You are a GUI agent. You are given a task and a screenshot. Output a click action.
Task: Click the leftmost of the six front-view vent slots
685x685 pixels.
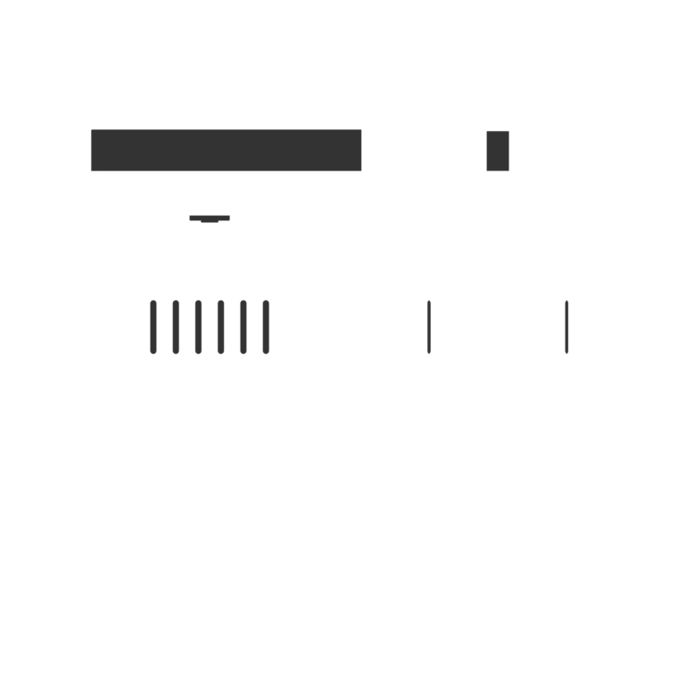[x=153, y=327]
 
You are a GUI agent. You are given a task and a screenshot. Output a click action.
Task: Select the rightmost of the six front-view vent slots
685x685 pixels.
[x=266, y=327]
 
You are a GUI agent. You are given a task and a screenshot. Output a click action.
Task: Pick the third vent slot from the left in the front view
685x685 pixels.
[x=198, y=327]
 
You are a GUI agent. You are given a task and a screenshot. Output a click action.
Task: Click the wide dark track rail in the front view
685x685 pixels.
[x=226, y=149]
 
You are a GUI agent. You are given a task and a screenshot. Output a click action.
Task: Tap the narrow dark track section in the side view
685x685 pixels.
[x=498, y=148]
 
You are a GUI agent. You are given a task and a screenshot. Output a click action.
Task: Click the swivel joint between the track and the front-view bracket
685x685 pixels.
[x=210, y=210]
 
